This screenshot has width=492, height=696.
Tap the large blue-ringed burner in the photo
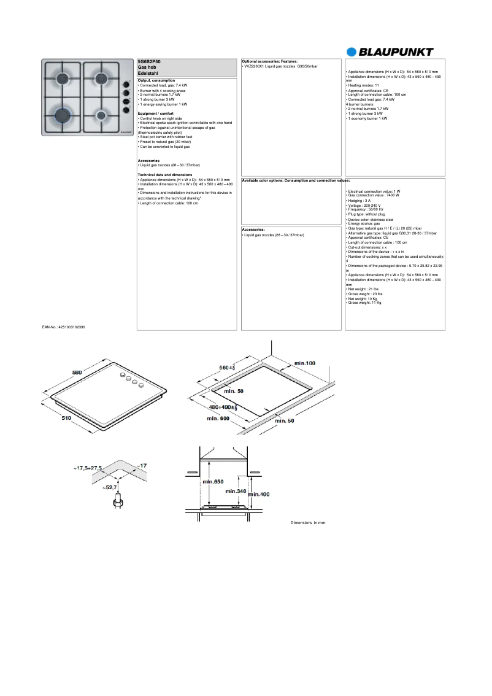tap(63, 114)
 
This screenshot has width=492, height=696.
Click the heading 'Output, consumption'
tap(156, 80)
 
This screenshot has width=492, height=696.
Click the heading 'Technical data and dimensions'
tap(165, 175)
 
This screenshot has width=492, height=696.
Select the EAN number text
tap(64, 328)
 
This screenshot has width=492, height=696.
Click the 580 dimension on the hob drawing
tap(77, 372)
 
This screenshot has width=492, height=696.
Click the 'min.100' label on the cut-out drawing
tap(304, 363)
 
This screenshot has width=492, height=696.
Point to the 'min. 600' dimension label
tap(217, 418)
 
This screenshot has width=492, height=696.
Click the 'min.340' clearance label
tap(236, 491)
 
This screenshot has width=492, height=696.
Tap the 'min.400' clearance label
tap(259, 494)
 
